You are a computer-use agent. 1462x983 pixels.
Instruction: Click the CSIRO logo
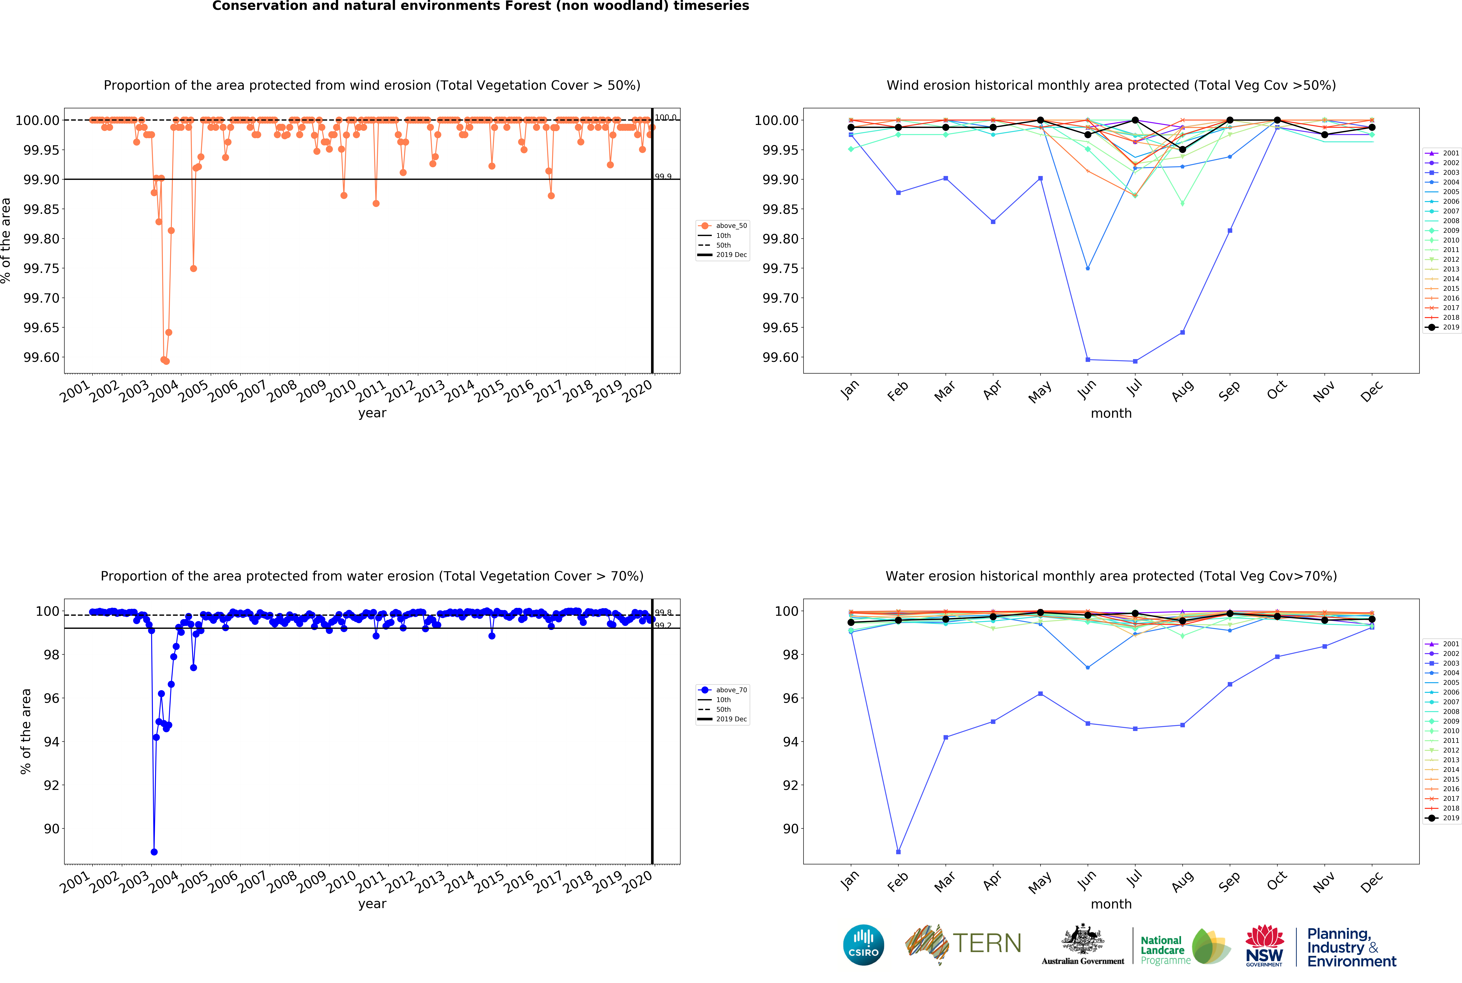pos(864,945)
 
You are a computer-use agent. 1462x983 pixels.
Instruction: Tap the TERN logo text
pos(987,943)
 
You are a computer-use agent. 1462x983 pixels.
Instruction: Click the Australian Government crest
pos(1083,939)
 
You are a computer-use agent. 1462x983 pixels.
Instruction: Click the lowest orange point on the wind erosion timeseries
pos(166,361)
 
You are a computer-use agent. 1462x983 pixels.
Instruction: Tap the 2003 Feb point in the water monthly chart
pos(899,852)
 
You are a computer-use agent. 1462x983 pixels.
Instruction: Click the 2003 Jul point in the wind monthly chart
pos(1135,361)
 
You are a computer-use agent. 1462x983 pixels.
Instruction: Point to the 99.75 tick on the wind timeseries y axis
pos(41,268)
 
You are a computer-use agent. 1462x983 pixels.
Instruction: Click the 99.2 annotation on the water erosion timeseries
pos(663,626)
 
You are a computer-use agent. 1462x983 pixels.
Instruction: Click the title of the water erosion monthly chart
pos(1111,576)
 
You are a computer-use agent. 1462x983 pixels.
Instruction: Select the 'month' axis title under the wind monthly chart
pos(1111,413)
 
